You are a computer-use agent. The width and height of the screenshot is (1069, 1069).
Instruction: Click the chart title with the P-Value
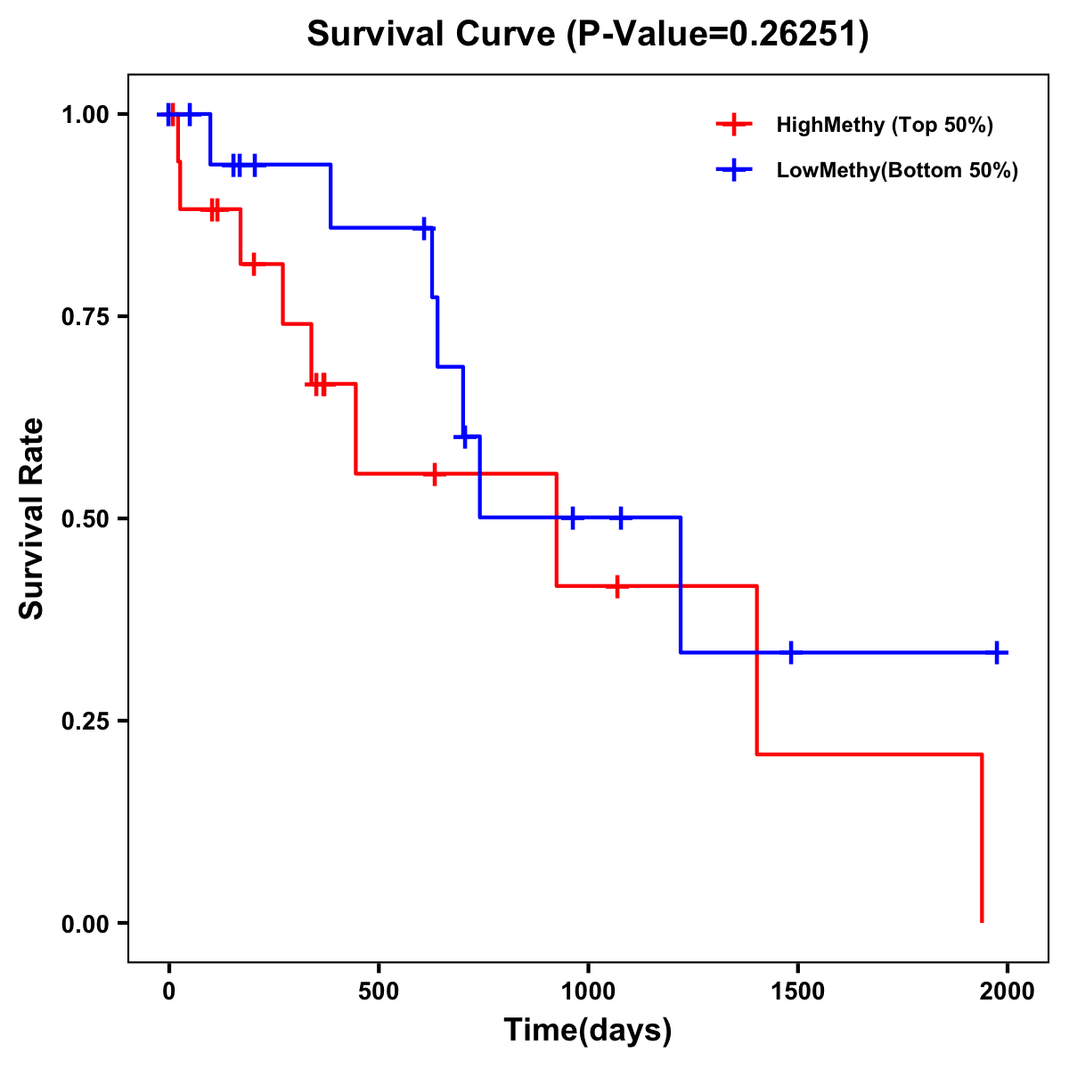pyautogui.click(x=588, y=35)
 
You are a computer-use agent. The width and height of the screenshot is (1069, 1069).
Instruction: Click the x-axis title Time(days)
pyautogui.click(x=588, y=1030)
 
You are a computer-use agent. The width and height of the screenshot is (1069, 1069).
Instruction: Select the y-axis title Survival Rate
pyautogui.click(x=32, y=518)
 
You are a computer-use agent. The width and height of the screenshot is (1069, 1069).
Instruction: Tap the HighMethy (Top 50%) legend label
pyautogui.click(x=885, y=125)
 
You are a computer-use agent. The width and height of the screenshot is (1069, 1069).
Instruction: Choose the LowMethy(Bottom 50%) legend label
pyautogui.click(x=897, y=170)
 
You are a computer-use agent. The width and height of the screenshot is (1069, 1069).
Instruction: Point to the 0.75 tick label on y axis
pyautogui.click(x=84, y=316)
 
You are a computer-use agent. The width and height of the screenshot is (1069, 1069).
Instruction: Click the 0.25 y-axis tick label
pyautogui.click(x=84, y=721)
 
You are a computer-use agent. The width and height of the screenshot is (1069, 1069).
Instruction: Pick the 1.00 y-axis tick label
pyautogui.click(x=84, y=114)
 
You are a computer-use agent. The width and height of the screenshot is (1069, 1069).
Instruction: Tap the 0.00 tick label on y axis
pyautogui.click(x=84, y=923)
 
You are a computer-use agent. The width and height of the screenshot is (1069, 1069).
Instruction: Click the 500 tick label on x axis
pyautogui.click(x=379, y=991)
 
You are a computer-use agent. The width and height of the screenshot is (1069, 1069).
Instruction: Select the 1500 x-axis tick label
pyautogui.click(x=797, y=991)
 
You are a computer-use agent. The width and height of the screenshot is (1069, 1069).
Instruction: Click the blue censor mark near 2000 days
pyautogui.click(x=997, y=652)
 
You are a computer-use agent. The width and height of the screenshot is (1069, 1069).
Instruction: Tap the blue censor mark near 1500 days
pyautogui.click(x=790, y=652)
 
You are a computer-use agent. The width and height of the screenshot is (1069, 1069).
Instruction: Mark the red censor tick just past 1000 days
pyautogui.click(x=616, y=586)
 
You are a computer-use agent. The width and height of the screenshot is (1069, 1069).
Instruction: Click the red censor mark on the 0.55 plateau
pyautogui.click(x=434, y=474)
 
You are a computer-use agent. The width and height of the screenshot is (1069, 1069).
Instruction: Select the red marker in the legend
pyautogui.click(x=732, y=125)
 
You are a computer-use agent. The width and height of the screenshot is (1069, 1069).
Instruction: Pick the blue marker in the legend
pyautogui.click(x=732, y=170)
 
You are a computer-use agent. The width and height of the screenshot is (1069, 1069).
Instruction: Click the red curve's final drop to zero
pyautogui.click(x=982, y=837)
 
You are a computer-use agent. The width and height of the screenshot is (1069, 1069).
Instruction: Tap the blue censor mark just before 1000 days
pyautogui.click(x=572, y=517)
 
